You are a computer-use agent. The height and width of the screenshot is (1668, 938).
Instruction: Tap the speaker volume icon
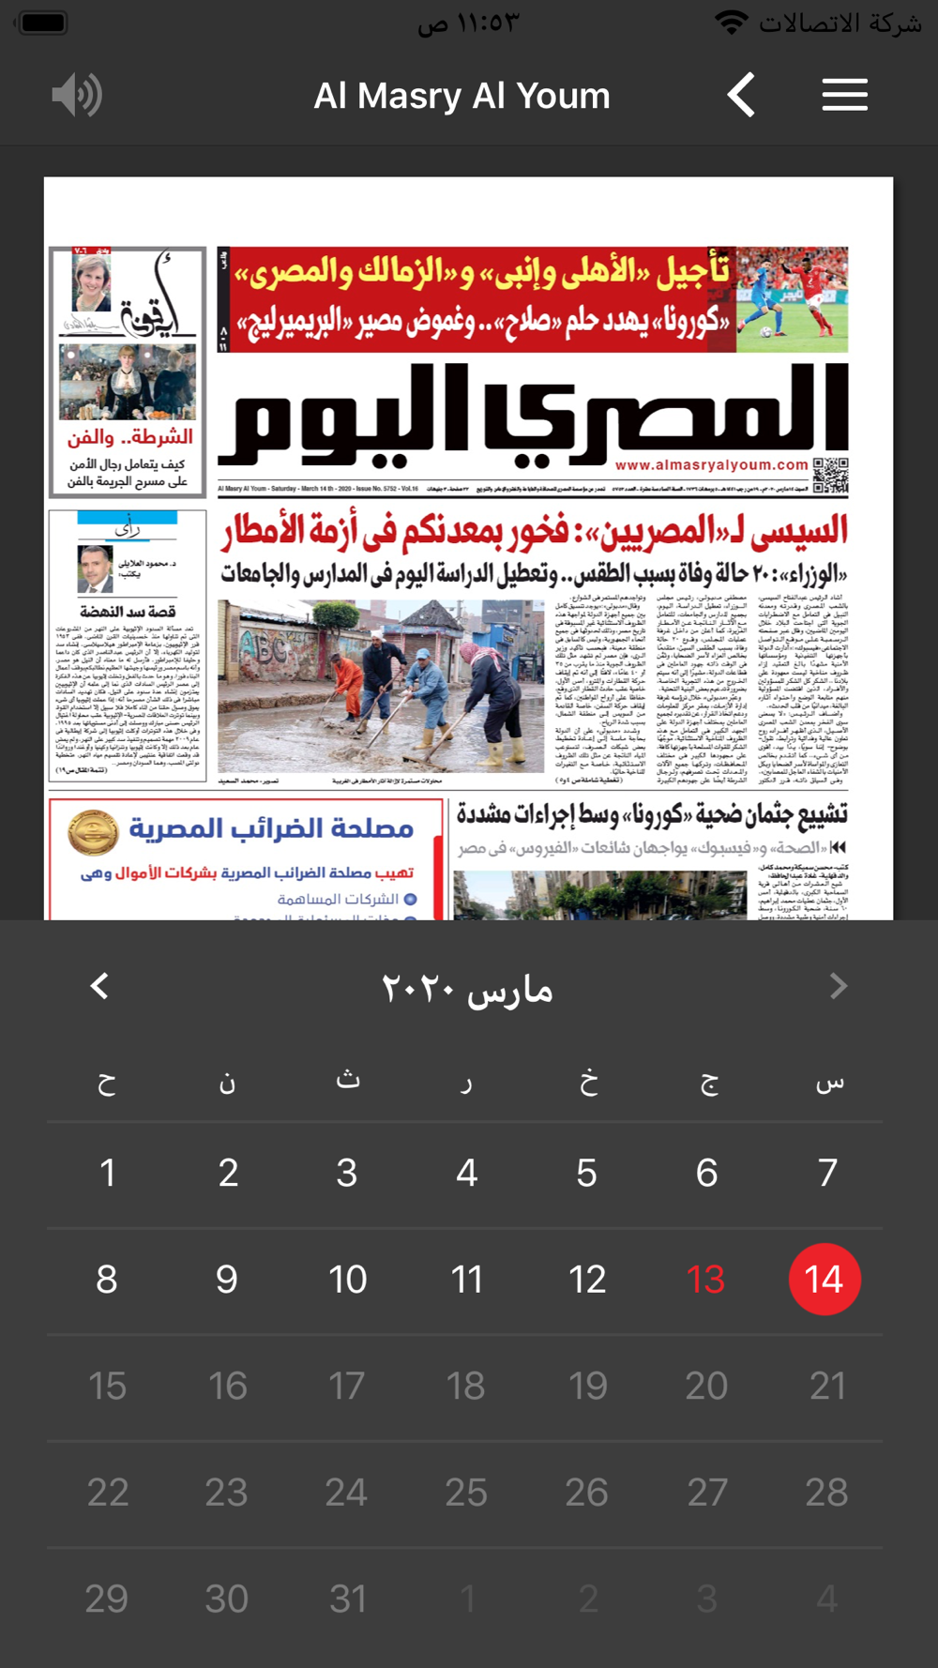tap(77, 95)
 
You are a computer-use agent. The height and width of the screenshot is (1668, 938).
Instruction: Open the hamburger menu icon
tap(844, 95)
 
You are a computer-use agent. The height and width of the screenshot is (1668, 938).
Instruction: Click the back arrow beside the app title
tap(741, 95)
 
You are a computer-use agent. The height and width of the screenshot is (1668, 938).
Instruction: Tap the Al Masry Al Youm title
tap(461, 96)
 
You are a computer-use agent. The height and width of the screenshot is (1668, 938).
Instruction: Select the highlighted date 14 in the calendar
tap(825, 1279)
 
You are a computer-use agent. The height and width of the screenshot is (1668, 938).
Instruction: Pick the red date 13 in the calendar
tap(705, 1279)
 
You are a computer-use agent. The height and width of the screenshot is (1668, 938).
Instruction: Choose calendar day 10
tap(347, 1279)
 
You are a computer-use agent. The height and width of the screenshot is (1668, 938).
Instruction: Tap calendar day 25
tap(466, 1492)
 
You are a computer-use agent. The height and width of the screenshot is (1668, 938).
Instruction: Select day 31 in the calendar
tap(347, 1599)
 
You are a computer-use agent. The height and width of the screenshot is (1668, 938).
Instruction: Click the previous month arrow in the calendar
tap(99, 986)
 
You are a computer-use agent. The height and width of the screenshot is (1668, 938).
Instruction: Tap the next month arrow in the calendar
tap(839, 986)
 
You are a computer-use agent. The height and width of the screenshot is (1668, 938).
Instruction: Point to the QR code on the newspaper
tap(830, 475)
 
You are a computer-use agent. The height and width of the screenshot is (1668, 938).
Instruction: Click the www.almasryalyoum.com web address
tap(712, 465)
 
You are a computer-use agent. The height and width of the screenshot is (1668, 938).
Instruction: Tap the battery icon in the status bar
tap(43, 23)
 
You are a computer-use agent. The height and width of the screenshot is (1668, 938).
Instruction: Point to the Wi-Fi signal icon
tap(731, 23)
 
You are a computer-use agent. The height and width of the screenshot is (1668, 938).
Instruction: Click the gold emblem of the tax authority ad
tap(93, 831)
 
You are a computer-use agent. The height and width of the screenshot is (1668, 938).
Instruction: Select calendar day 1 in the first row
tap(108, 1173)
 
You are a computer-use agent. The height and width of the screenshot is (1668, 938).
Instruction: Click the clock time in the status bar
tap(469, 23)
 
